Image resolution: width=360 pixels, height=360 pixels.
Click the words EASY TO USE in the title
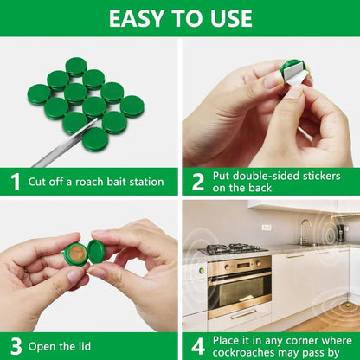click(x=180, y=17)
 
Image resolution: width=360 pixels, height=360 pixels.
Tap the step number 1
click(x=15, y=182)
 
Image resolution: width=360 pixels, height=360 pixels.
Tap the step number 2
click(x=197, y=181)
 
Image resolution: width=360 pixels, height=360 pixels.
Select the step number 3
click(x=15, y=346)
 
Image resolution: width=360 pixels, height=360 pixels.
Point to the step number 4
click(x=197, y=346)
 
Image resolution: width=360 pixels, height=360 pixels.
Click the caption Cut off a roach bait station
click(x=95, y=182)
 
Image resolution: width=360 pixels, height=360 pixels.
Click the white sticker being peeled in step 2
click(x=299, y=77)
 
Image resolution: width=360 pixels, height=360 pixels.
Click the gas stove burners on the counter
click(x=234, y=249)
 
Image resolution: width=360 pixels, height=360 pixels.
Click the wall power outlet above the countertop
click(x=267, y=228)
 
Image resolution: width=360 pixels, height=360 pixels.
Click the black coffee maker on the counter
click(x=343, y=232)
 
